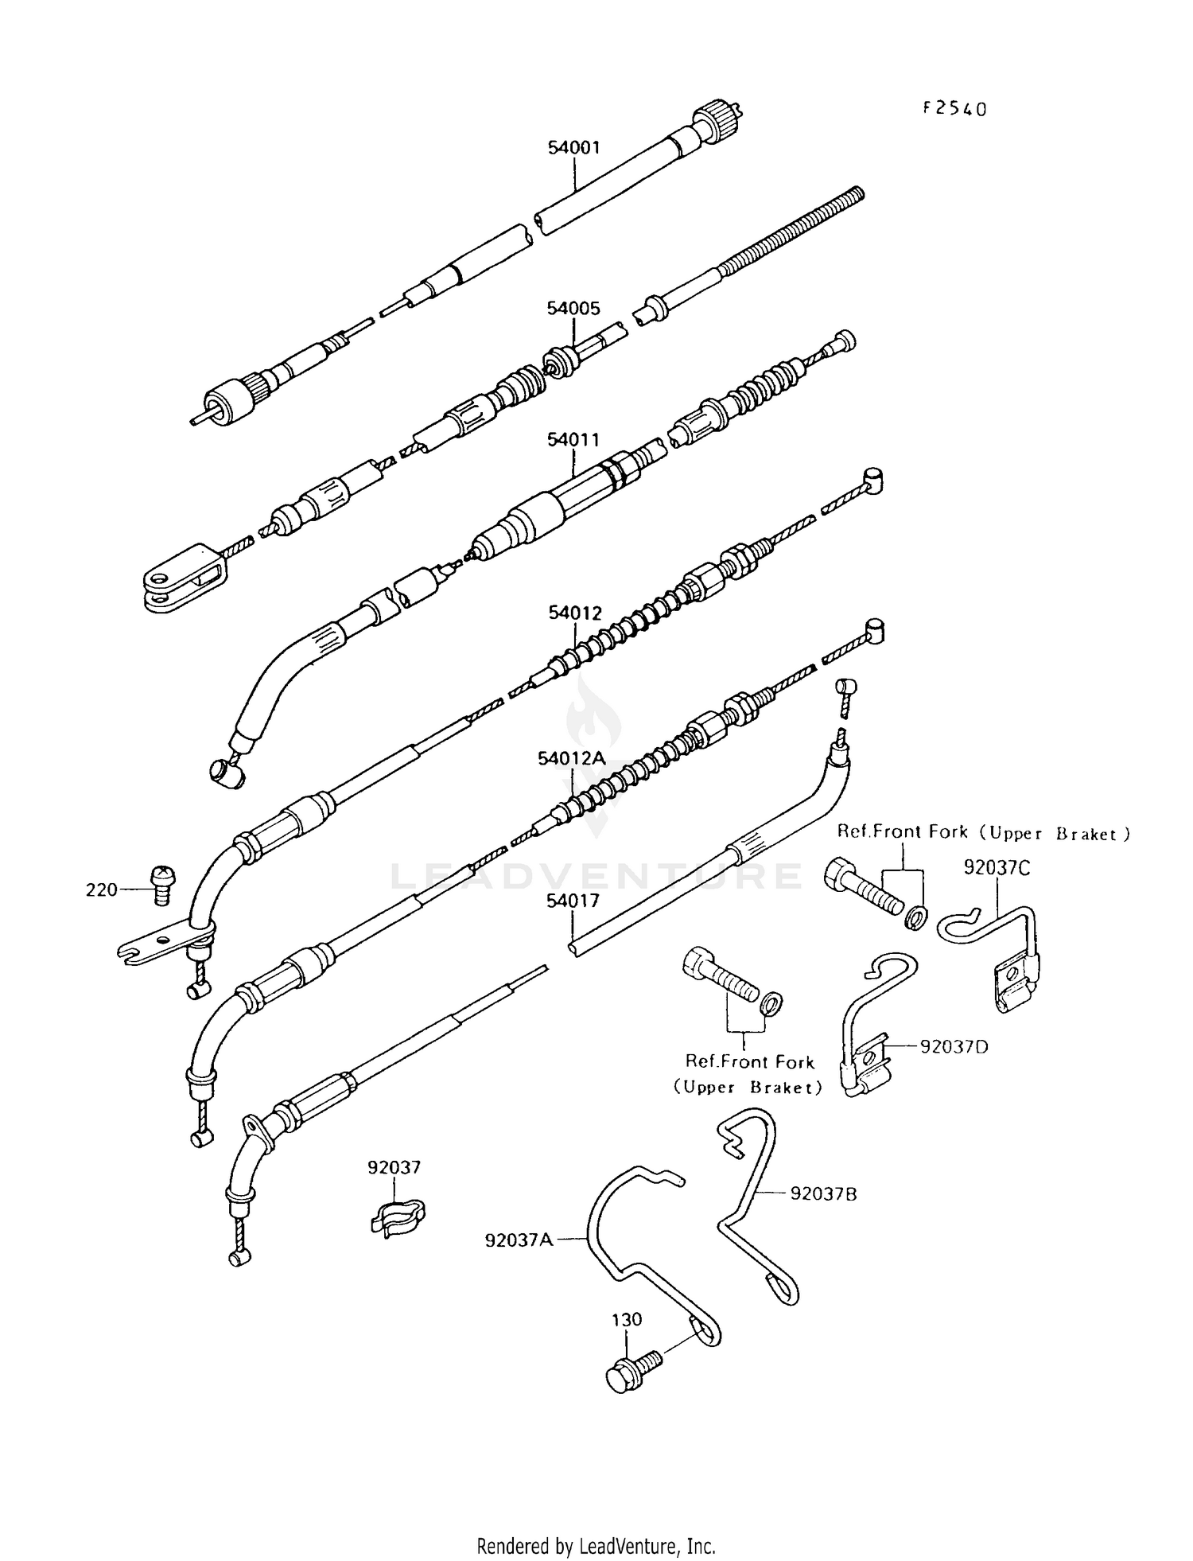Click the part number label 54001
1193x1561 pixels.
(573, 147)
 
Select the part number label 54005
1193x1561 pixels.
(573, 308)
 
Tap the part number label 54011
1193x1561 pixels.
(573, 439)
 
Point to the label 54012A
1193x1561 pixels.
(572, 758)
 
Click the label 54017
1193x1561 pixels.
(572, 901)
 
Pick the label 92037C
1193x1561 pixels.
(997, 867)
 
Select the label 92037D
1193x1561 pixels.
(954, 1046)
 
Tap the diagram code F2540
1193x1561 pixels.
(954, 109)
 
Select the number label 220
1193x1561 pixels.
(101, 889)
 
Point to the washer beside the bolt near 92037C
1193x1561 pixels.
(916, 917)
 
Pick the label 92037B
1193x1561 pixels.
(823, 1193)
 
